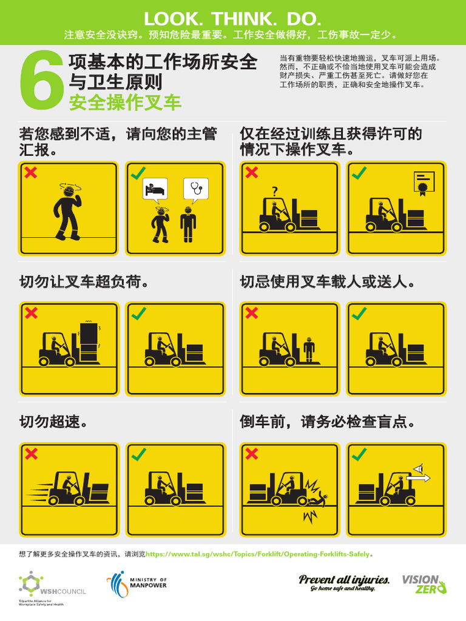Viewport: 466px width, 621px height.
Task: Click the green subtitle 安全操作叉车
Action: [x=125, y=102]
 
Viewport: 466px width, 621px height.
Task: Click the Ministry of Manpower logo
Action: [x=137, y=583]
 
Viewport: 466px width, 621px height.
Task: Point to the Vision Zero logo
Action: [x=424, y=583]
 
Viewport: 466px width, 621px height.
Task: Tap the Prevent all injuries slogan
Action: [x=343, y=583]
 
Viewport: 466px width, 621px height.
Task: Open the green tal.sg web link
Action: [x=259, y=554]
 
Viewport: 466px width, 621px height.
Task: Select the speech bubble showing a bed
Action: [x=154, y=188]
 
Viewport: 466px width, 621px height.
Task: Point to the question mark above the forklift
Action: [x=275, y=192]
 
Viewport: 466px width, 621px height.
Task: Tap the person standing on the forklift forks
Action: [x=309, y=348]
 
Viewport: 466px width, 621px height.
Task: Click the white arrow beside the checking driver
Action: [x=419, y=477]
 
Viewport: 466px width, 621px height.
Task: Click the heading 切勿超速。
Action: [x=53, y=421]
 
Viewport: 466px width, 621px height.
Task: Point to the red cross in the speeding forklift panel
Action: [x=31, y=454]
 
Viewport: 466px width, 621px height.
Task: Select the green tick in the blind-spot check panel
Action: [x=360, y=454]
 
